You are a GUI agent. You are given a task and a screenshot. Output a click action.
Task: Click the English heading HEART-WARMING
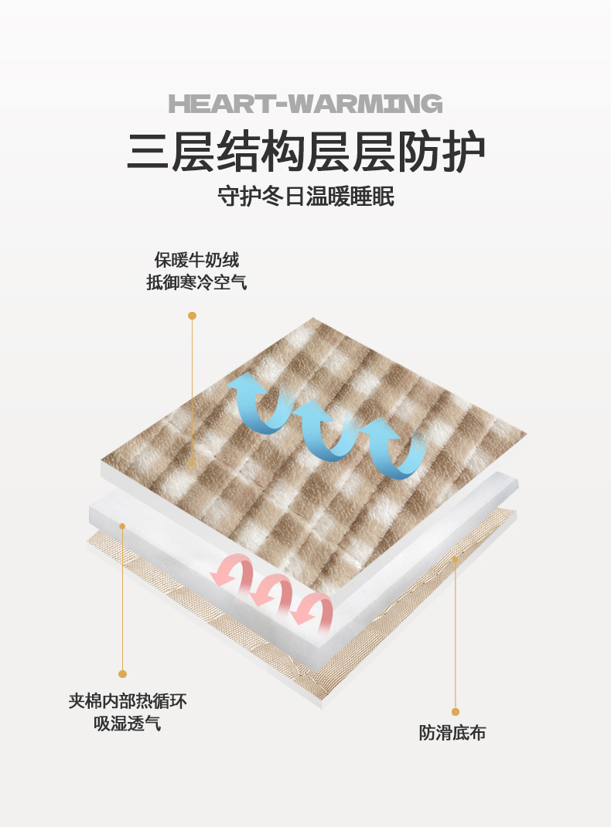click(x=305, y=104)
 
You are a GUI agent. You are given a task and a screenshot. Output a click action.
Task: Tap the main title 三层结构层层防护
click(x=306, y=152)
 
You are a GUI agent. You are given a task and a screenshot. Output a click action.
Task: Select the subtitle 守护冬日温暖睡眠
click(x=306, y=197)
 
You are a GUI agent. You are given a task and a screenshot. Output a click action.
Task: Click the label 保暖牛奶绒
click(x=196, y=260)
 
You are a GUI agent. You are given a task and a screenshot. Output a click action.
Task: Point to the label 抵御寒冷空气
click(x=196, y=282)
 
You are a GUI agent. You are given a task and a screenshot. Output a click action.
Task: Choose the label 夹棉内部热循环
click(x=128, y=701)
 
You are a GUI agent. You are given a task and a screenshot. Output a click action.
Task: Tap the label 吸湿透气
click(x=128, y=723)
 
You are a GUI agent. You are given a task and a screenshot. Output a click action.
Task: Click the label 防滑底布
click(x=452, y=733)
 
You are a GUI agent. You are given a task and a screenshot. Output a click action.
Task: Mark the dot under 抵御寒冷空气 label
click(x=192, y=316)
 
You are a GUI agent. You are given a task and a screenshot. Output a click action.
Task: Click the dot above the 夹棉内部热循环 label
click(x=122, y=673)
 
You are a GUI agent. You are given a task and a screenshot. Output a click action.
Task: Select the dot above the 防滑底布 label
click(x=455, y=711)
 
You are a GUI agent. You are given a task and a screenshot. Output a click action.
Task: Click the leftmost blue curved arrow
click(x=255, y=403)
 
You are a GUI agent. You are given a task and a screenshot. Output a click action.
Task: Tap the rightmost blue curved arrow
click(x=393, y=448)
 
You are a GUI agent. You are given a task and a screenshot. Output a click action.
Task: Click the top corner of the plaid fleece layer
click(x=313, y=318)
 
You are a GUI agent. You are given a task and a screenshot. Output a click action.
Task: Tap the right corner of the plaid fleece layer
click(x=527, y=434)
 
